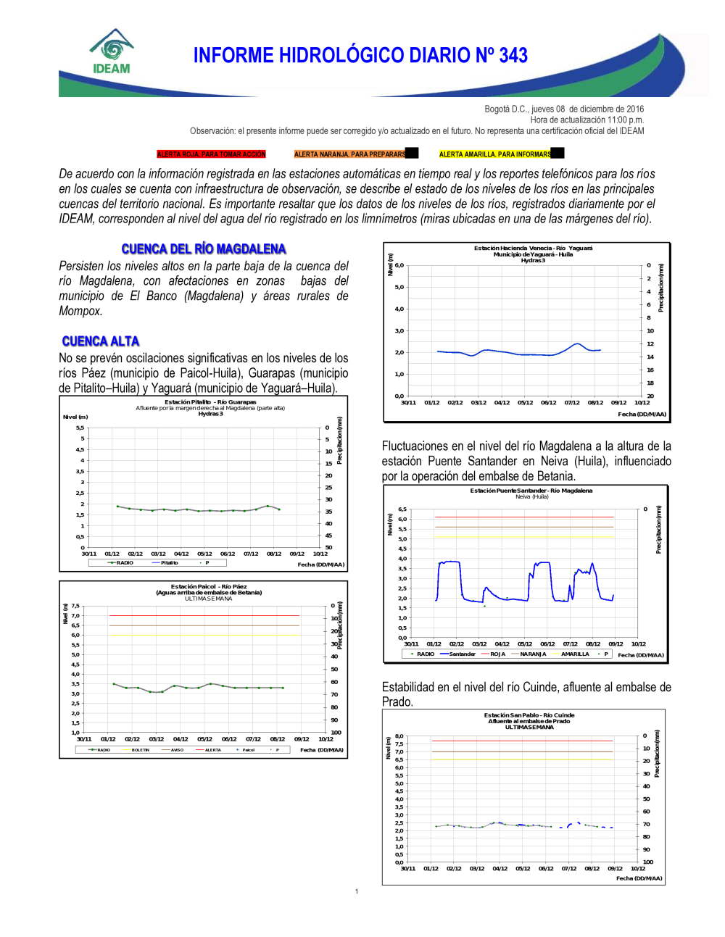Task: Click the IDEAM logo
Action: tap(111, 52)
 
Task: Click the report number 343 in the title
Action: tap(513, 56)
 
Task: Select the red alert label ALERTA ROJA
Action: tap(211, 154)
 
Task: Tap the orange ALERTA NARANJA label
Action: tap(349, 154)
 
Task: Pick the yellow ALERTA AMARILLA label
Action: tap(494, 154)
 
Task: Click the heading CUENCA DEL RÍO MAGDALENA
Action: tap(204, 249)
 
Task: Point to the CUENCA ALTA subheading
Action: tap(100, 341)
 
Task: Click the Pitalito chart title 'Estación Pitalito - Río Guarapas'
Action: tap(210, 401)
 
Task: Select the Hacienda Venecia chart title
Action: tap(533, 248)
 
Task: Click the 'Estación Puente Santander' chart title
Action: tap(531, 491)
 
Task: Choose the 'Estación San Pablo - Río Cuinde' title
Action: tap(529, 715)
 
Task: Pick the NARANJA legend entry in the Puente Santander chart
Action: tap(533, 654)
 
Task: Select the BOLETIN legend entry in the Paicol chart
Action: tap(140, 750)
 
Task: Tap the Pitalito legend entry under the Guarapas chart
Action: tap(169, 563)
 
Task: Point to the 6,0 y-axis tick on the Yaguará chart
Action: tap(399, 265)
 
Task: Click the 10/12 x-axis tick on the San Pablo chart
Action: tap(637, 868)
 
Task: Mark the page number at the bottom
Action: tap(357, 891)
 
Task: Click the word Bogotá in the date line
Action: tap(497, 109)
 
